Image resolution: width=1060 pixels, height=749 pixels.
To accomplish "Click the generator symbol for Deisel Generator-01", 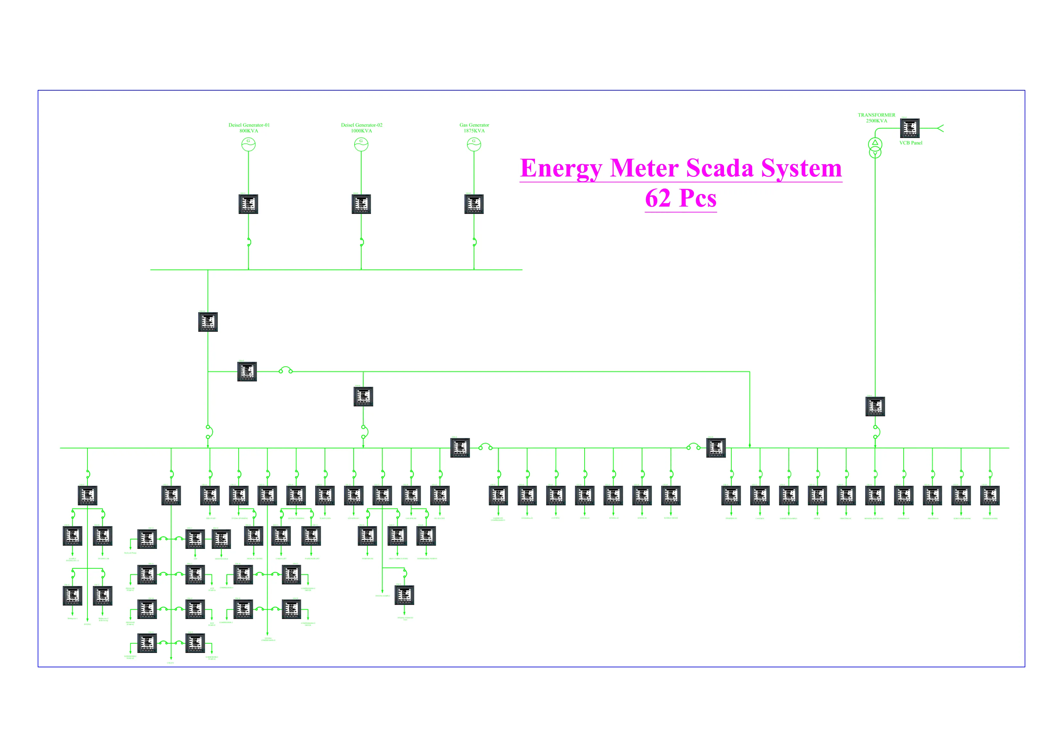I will [x=248, y=144].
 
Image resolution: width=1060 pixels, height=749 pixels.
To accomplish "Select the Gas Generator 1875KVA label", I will [x=474, y=128].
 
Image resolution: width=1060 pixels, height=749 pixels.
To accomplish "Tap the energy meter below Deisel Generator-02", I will [x=361, y=204].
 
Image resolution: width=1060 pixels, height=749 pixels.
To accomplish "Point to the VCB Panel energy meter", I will [x=909, y=128].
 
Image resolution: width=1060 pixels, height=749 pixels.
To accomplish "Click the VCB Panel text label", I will [x=910, y=143].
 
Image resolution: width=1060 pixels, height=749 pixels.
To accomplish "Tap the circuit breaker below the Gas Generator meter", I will [x=474, y=242].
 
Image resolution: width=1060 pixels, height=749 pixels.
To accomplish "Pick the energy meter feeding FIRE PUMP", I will [x=210, y=495].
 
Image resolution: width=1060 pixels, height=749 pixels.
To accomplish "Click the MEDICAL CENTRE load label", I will [x=254, y=558].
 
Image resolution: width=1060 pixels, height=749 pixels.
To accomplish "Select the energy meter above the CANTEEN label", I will [x=760, y=495].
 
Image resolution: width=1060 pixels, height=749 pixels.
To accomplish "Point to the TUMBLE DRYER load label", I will [x=671, y=518].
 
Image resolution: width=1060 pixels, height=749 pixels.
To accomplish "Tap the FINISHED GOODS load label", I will [x=990, y=518].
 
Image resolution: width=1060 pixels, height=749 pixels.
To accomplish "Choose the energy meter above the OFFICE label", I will [x=817, y=495].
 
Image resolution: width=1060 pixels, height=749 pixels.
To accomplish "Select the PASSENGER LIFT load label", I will [x=312, y=558].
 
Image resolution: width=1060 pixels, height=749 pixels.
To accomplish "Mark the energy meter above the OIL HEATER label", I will [x=440, y=495].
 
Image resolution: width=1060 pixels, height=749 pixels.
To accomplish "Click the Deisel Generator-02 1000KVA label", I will [x=361, y=128].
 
